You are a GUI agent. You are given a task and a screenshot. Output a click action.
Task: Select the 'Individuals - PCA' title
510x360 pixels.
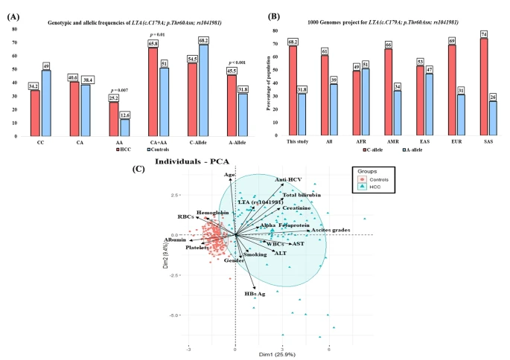[x=191, y=161]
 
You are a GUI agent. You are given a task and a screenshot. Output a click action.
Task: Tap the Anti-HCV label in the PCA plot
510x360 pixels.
[x=288, y=179]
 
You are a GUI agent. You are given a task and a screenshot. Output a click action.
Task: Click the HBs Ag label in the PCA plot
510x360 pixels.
[x=255, y=293]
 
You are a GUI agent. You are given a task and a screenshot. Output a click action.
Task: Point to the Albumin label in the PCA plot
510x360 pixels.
[x=176, y=240]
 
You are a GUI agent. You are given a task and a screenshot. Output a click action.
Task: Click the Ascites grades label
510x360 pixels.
[x=331, y=230]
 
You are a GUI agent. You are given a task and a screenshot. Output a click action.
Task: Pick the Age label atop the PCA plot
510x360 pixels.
[x=230, y=174]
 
